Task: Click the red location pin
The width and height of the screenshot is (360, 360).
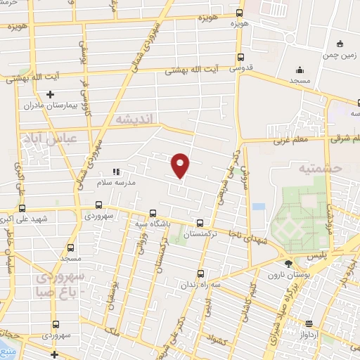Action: coord(181,165)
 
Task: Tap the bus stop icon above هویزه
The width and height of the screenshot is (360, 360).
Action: coord(240,13)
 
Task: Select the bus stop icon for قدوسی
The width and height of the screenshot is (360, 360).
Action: coord(241,58)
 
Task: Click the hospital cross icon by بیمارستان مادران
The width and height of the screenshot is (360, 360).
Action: coord(49,94)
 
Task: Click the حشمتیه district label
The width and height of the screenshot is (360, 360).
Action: coord(319,168)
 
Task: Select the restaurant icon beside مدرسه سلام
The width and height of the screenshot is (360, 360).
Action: coord(117,171)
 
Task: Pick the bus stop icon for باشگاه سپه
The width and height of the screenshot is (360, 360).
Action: coord(153,213)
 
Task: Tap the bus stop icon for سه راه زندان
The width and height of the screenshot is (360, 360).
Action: coord(200,274)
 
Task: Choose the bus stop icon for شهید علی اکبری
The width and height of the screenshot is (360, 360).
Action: coord(22,208)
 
